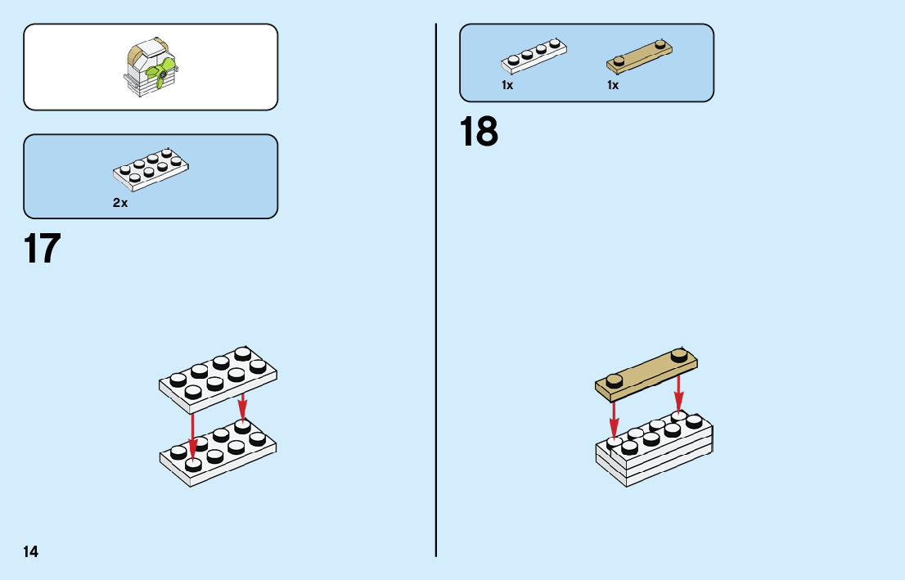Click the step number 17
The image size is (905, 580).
(43, 249)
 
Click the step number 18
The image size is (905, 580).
(479, 132)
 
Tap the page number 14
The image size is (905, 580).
(30, 552)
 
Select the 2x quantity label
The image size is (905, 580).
(120, 203)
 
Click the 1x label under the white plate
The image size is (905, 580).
(507, 85)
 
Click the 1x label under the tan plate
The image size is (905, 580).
(613, 85)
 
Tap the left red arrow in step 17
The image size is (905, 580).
(193, 434)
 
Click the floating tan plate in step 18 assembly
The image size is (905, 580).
(646, 375)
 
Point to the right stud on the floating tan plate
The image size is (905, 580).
(678, 354)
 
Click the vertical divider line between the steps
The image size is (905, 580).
(436, 327)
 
